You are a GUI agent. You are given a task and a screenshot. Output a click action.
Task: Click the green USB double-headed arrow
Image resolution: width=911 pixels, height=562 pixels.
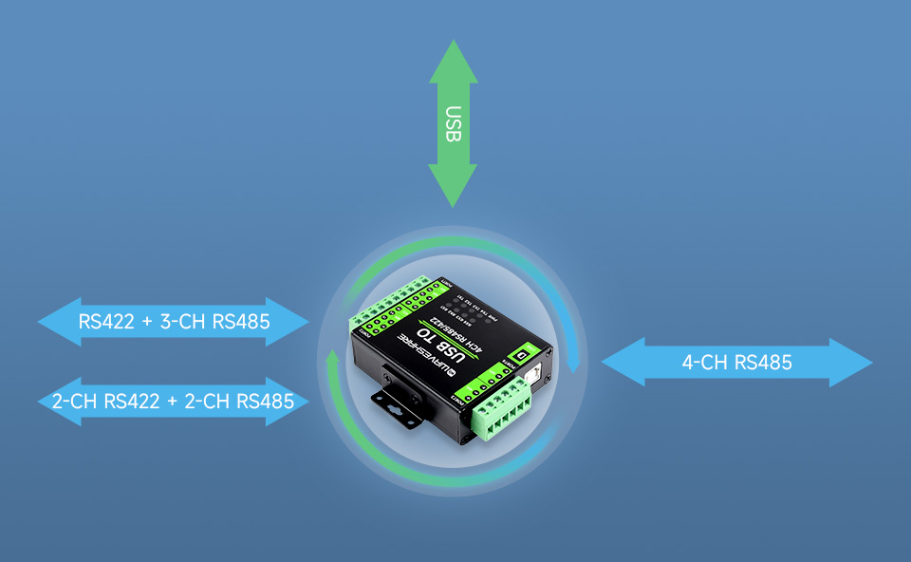click(x=453, y=123)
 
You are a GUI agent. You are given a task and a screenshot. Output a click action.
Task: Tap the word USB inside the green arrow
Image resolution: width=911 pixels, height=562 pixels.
click(x=453, y=123)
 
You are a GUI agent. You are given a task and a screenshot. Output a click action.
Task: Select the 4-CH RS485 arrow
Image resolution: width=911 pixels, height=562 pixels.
click(x=736, y=362)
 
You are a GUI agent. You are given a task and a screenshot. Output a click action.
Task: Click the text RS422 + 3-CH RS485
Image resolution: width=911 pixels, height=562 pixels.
click(x=175, y=322)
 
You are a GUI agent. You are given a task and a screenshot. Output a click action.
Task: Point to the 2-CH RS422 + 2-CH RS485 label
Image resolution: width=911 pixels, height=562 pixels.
click(x=174, y=402)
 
